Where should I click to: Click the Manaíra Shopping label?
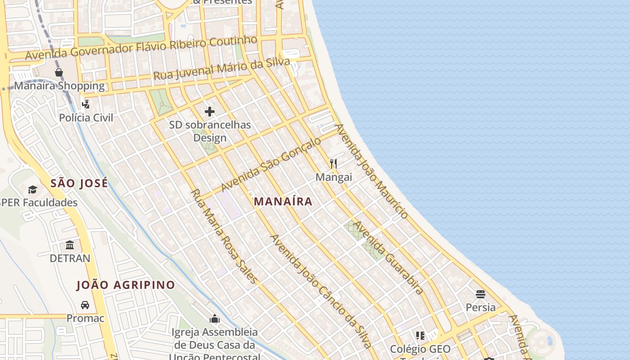[59, 85]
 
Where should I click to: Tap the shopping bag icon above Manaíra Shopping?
[59, 72]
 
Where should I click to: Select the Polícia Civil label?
[86, 117]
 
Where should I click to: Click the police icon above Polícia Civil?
[85, 104]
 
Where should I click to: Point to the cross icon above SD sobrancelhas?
[210, 112]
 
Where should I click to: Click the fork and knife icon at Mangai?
[333, 163]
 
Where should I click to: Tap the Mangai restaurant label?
[333, 177]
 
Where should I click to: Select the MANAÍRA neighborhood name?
[283, 201]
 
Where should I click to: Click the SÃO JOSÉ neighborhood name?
[79, 183]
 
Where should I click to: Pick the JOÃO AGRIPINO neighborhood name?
[126, 285]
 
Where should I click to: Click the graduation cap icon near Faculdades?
[32, 189]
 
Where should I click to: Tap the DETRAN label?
[70, 258]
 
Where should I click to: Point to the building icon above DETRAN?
[70, 245]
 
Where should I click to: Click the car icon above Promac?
[85, 305]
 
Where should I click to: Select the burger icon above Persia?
[481, 294]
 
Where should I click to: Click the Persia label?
[481, 307]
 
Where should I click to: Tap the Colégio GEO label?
[420, 349]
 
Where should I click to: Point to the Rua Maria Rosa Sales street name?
[225, 236]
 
